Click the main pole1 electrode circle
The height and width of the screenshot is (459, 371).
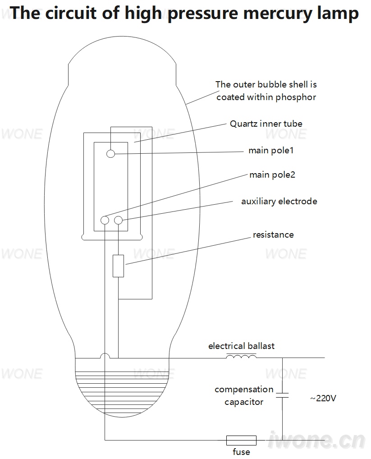[x=110, y=153]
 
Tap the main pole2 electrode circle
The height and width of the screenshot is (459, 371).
[x=105, y=220]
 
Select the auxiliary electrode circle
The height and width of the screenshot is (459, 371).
[x=118, y=220]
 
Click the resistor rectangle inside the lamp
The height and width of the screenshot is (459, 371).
[x=118, y=266]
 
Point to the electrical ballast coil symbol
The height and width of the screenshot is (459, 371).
[x=241, y=356]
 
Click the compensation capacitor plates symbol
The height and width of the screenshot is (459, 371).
[x=282, y=395]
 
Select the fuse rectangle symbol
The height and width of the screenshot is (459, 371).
[x=241, y=440]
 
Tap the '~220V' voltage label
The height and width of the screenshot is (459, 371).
[x=323, y=398]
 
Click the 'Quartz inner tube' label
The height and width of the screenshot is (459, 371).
[x=266, y=124]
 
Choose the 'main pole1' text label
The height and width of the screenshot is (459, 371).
[x=271, y=151]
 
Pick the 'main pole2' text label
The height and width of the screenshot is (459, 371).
[x=272, y=175]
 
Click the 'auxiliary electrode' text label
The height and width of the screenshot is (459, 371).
[x=279, y=202]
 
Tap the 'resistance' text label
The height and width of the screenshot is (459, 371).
[x=273, y=235]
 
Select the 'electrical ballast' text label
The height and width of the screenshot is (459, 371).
[x=241, y=346]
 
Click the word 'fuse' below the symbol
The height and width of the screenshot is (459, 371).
[x=241, y=452]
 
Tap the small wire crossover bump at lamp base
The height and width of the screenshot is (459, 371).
[x=105, y=355]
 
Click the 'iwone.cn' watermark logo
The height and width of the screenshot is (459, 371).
[x=316, y=440]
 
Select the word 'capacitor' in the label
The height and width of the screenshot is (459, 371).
[x=244, y=402]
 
